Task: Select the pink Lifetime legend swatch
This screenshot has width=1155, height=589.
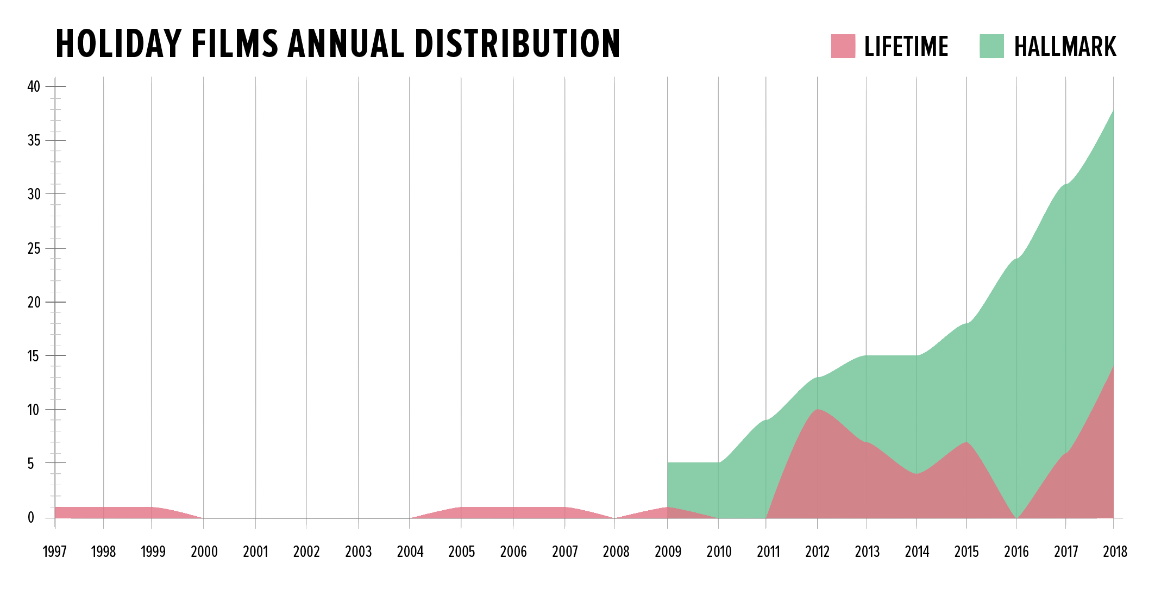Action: click(843, 46)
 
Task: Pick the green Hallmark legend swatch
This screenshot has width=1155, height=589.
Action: click(991, 46)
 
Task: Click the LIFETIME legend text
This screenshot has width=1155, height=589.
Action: click(906, 47)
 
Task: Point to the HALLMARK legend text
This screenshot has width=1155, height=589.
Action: click(1065, 47)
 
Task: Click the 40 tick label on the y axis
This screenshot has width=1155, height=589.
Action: click(34, 86)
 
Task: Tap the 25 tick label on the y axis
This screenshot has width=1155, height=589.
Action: click(34, 249)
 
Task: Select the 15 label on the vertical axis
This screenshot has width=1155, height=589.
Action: click(34, 356)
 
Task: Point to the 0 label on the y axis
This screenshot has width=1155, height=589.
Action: click(31, 518)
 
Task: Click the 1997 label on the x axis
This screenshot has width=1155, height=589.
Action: click(54, 552)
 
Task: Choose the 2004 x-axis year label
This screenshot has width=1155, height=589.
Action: click(410, 552)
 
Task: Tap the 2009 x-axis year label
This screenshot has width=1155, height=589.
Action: click(668, 552)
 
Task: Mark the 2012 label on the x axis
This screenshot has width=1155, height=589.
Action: click(817, 552)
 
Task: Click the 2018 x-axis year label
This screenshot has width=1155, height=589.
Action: click(1115, 552)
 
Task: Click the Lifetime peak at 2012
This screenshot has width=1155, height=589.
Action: click(818, 410)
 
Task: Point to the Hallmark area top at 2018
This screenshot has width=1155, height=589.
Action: click(1113, 110)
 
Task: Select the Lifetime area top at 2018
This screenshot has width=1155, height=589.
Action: click(1113, 367)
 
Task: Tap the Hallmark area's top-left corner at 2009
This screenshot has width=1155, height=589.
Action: click(668, 463)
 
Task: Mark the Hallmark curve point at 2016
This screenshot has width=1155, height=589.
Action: click(1016, 259)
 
